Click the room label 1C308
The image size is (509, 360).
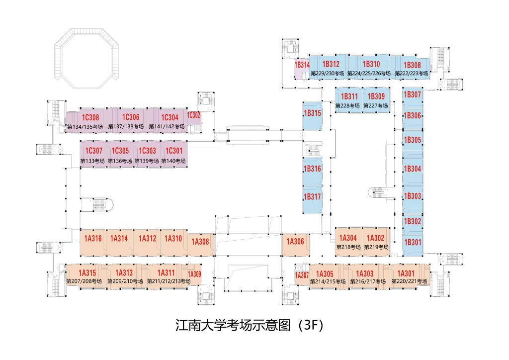(91, 118)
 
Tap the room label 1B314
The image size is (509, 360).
(302, 65)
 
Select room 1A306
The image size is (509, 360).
(295, 242)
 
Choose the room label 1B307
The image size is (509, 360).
(413, 94)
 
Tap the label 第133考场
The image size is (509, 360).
(93, 161)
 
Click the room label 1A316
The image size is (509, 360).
(93, 239)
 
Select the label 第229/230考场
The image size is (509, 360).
(327, 74)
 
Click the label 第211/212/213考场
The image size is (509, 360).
(169, 281)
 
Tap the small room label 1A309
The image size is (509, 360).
(194, 273)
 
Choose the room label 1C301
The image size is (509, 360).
(174, 151)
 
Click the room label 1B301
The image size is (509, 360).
(413, 243)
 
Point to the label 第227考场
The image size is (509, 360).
(376, 106)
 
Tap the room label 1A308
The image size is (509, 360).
(201, 242)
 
